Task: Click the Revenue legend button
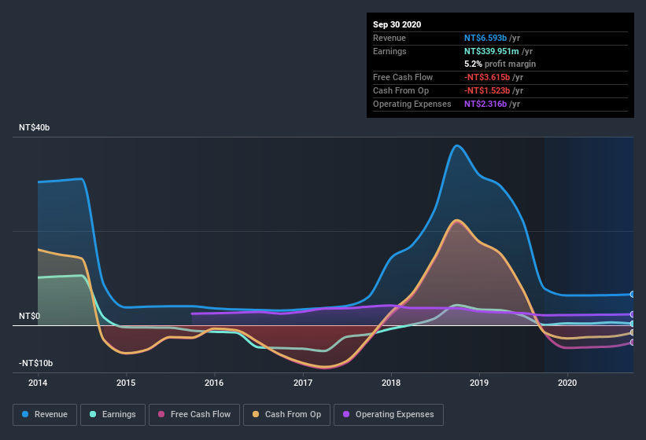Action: (x=46, y=414)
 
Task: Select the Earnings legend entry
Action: (x=113, y=414)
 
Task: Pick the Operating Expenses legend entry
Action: (x=389, y=414)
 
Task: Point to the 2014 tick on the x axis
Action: (x=38, y=383)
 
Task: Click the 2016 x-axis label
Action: (x=214, y=383)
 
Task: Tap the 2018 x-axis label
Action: (x=391, y=383)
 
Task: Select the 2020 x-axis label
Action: (x=567, y=383)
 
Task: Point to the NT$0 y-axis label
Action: (x=29, y=316)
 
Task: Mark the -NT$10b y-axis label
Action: (x=35, y=363)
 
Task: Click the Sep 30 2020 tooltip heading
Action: (x=397, y=24)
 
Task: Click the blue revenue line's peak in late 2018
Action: (x=456, y=145)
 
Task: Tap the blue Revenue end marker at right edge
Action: (x=633, y=295)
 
